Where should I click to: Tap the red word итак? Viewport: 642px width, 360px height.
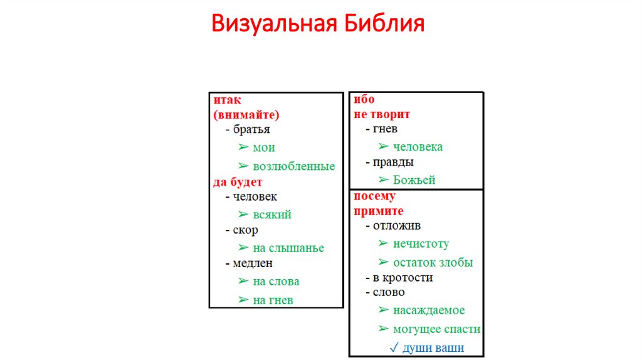tap(227, 100)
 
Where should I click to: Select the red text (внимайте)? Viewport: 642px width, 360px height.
tap(246, 115)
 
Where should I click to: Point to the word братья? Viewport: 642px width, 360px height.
tap(251, 130)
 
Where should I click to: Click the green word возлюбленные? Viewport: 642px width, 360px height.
tap(294, 167)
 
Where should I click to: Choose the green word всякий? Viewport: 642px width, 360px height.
tap(272, 214)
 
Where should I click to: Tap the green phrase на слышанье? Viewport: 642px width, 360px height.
tap(288, 248)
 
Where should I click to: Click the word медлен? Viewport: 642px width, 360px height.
tap(253, 263)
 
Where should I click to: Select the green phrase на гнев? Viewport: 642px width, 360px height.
tap(273, 300)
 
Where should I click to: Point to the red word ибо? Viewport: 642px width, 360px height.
tap(364, 99)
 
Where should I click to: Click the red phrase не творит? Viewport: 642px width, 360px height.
tap(382, 114)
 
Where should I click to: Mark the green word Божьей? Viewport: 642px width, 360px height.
tap(414, 180)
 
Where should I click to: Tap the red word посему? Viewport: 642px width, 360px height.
tap(375, 196)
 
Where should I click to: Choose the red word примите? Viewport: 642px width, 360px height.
tap(379, 211)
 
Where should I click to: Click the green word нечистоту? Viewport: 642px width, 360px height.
tap(421, 244)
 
